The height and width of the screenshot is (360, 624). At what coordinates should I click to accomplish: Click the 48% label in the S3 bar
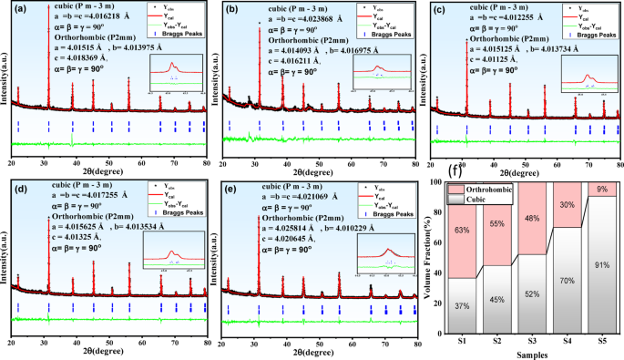(532, 219)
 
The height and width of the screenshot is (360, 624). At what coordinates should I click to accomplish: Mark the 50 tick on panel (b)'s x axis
(320, 163)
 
